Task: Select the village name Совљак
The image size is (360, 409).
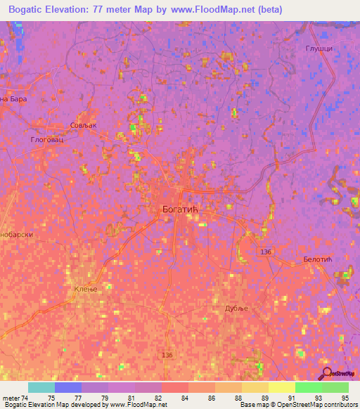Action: [x=82, y=125]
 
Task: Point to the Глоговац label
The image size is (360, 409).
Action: [x=47, y=140]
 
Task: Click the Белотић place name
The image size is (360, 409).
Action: [x=317, y=259]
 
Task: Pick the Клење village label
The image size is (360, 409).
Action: [x=84, y=289]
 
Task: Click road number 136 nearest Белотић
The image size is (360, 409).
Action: [x=265, y=251]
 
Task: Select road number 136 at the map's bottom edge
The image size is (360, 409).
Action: [x=166, y=355]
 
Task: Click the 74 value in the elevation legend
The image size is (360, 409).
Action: [x=25, y=398]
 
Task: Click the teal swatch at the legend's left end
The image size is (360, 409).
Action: [x=41, y=387]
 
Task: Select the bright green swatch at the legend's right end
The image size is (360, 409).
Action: [x=335, y=387]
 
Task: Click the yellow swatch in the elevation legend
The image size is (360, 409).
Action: [x=281, y=387]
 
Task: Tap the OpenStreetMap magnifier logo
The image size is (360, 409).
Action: [x=327, y=373]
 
